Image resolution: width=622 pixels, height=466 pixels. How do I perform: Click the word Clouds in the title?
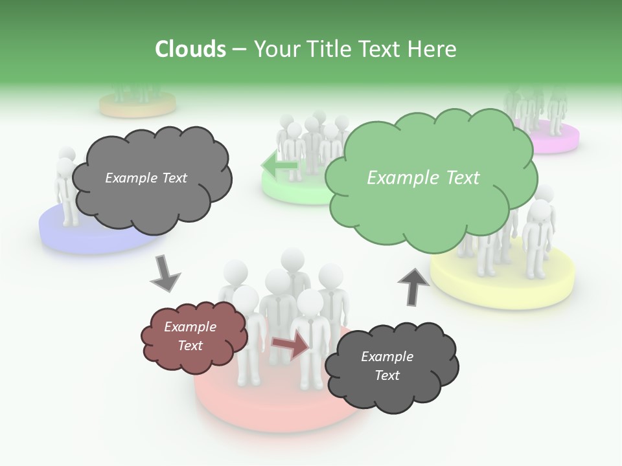(190, 49)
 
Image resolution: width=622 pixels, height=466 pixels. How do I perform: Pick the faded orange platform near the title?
(137, 105)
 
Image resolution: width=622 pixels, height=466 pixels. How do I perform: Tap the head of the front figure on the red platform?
(310, 302)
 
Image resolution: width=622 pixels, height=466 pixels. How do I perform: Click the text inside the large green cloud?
(423, 177)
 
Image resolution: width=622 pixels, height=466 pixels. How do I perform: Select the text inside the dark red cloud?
(190, 336)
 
